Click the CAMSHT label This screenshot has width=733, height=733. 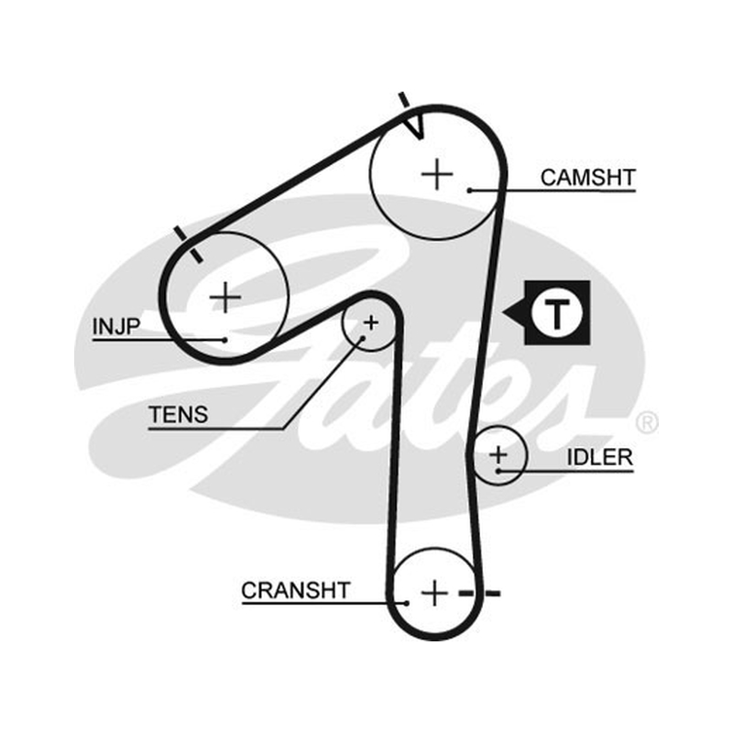[x=587, y=178]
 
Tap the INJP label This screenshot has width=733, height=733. [x=116, y=326]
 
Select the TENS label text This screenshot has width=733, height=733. [x=179, y=415]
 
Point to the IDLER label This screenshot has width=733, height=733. [x=600, y=457]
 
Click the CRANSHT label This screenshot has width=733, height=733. [x=295, y=590]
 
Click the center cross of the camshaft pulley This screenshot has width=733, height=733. [x=437, y=174]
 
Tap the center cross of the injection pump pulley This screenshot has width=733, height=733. [x=225, y=297]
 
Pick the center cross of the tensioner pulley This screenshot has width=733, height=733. [x=371, y=323]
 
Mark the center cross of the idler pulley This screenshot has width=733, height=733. [x=498, y=454]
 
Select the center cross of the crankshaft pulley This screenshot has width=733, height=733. [x=434, y=593]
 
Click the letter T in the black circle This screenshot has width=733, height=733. [x=556, y=313]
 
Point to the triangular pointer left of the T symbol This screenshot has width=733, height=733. [x=514, y=312]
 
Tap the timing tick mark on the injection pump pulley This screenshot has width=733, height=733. [x=189, y=245]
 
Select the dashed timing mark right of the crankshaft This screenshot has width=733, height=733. [x=479, y=594]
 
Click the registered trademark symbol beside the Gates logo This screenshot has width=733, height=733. [x=647, y=422]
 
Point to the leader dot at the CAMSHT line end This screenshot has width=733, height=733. [x=470, y=191]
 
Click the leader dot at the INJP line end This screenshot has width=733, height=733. [x=224, y=340]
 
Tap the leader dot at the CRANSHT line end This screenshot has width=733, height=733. [x=407, y=604]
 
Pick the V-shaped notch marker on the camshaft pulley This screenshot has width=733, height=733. [x=415, y=126]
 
